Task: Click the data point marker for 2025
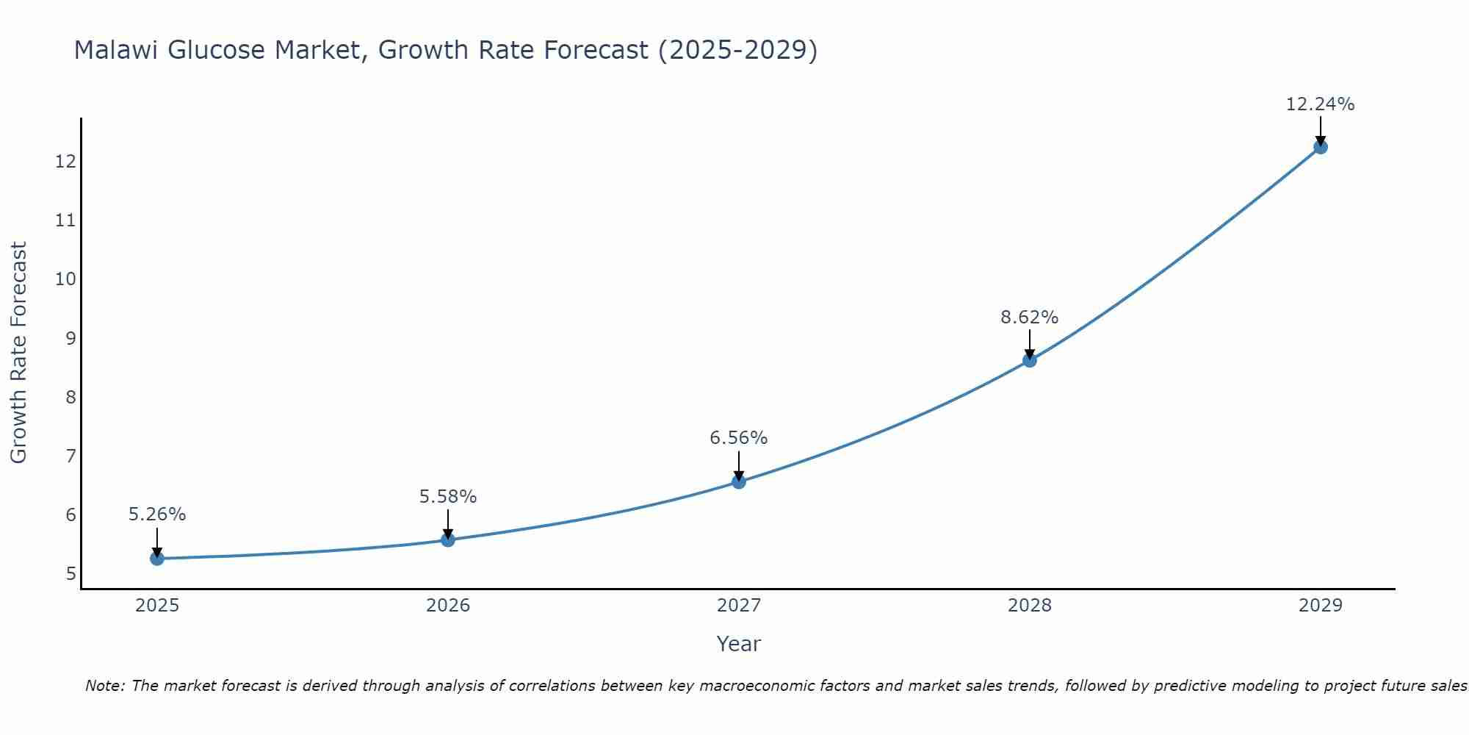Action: click(156, 559)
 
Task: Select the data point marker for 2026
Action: click(448, 540)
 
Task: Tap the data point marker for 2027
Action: click(739, 482)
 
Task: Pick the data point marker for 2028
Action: click(1030, 360)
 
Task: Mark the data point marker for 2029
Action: click(1321, 147)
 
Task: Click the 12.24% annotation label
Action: click(1320, 104)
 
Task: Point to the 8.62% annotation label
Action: click(1029, 318)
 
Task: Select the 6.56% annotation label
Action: click(738, 438)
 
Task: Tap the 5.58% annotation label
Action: click(448, 497)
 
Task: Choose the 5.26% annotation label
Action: click(157, 514)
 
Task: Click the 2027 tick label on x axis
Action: click(739, 606)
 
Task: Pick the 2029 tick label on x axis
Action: click(1321, 606)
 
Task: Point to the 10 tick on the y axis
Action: click(65, 279)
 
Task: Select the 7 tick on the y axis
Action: click(71, 456)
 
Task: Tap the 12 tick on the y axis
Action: click(65, 161)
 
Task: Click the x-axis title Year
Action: click(738, 644)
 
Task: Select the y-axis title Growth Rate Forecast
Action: click(18, 353)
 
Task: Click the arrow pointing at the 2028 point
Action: click(1030, 344)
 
